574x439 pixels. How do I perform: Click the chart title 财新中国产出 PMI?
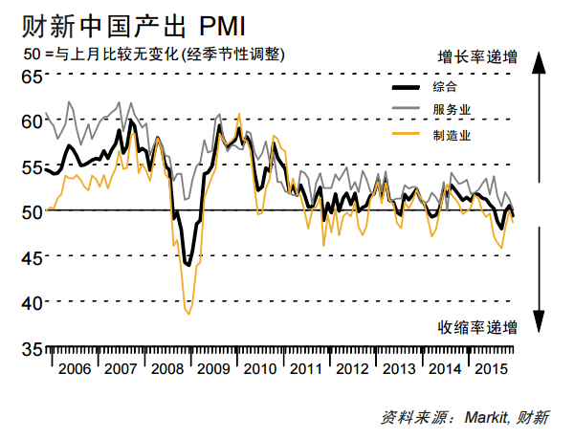[x=124, y=21]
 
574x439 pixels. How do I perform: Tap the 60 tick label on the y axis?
[x=31, y=121]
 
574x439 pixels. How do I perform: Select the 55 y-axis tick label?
[x=31, y=167]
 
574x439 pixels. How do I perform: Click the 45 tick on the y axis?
[x=31, y=257]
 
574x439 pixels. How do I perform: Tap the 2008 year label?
[x=166, y=368]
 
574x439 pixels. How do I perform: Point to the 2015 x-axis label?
[x=491, y=368]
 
